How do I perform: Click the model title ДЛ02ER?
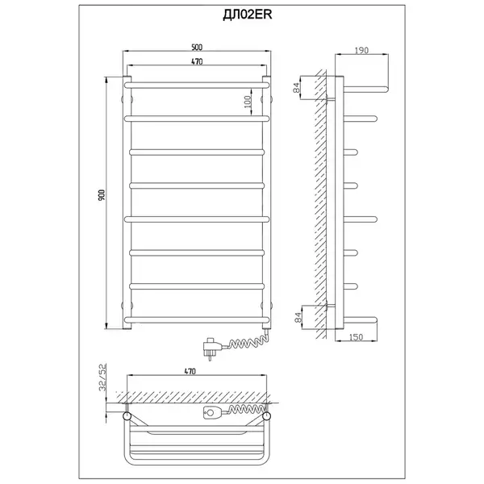click(x=248, y=15)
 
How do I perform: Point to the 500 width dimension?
click(x=197, y=48)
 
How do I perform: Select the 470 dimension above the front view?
click(x=197, y=61)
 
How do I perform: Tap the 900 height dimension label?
click(x=102, y=194)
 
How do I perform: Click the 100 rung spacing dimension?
click(x=248, y=102)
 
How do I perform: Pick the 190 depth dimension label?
click(x=361, y=50)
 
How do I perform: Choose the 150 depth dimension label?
click(x=356, y=337)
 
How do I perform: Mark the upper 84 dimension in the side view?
click(x=297, y=88)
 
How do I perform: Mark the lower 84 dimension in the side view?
click(x=298, y=317)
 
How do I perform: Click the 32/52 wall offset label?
click(x=102, y=378)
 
